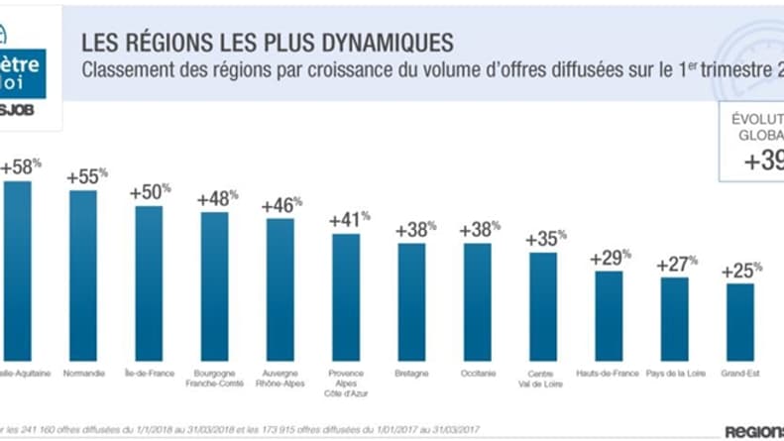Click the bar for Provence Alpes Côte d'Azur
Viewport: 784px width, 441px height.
[346, 296]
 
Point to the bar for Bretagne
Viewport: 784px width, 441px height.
[411, 301]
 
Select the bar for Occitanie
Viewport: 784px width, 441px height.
[477, 301]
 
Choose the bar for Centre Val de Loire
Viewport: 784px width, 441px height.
[542, 306]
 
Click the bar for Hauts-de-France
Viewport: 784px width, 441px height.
[609, 315]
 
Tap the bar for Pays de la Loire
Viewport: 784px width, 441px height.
[674, 318]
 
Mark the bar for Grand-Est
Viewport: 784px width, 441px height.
[739, 321]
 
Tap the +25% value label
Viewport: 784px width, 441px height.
[742, 270]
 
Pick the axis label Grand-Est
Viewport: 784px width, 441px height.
[739, 374]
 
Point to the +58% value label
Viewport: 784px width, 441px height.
[21, 166]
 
